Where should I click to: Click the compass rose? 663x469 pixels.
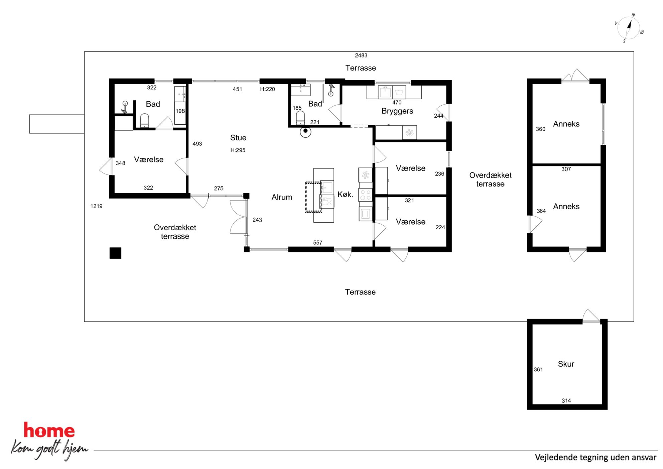pos(629,28)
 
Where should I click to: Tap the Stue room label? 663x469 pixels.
pos(238,138)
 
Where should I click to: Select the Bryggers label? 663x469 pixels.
pos(397,111)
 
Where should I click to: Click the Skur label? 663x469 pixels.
pos(566,364)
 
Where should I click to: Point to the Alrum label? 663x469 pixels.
pos(281,197)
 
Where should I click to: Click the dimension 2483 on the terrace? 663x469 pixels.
pos(361,55)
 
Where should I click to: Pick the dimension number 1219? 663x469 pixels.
pos(96,206)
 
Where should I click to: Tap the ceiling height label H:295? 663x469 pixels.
pos(238,150)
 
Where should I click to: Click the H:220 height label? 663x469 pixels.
pos(267,89)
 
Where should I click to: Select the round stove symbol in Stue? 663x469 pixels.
pos(305,132)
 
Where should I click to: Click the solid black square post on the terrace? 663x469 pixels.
pos(115,253)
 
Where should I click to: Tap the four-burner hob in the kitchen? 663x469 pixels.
pos(365,195)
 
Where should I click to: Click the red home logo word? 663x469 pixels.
pos(49,430)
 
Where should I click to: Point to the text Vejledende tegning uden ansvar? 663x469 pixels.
pos(595,457)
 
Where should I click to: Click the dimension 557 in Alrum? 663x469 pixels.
pos(317,243)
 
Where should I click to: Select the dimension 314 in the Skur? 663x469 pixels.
pos(566,400)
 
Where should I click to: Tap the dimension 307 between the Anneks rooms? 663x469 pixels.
pos(566,169)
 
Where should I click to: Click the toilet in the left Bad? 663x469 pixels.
pos(144,121)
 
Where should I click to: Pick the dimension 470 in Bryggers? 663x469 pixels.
pos(397,103)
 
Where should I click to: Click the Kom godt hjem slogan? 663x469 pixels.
pos(49,449)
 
